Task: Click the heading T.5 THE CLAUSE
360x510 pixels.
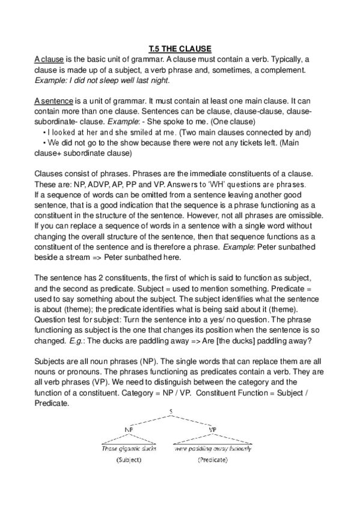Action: [x=180, y=48]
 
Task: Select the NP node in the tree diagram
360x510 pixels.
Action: [x=128, y=429]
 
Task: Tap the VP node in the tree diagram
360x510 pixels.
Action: [x=212, y=429]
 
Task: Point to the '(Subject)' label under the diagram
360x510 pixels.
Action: [x=127, y=460]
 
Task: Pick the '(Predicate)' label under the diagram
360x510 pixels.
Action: [x=213, y=460]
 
